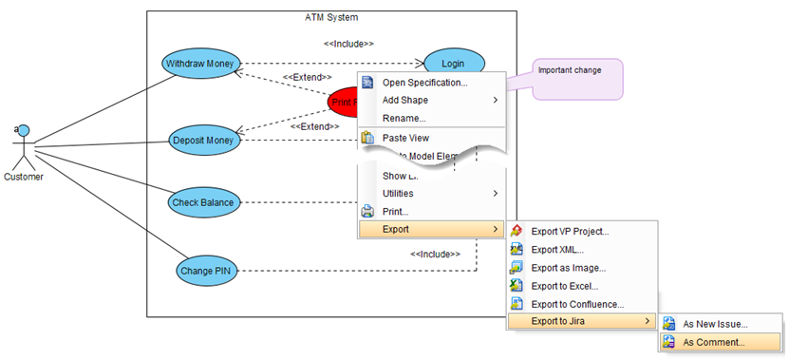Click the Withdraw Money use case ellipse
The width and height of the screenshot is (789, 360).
tap(199, 64)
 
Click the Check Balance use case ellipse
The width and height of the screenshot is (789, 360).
tap(202, 202)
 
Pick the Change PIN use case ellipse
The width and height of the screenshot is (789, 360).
tap(203, 271)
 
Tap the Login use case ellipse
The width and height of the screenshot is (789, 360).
tap(453, 64)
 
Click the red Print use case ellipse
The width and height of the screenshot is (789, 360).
tap(342, 101)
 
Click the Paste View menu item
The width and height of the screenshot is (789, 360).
tap(405, 138)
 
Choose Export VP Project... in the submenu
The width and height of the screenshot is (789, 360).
tap(570, 231)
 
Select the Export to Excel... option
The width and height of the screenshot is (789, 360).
tap(564, 286)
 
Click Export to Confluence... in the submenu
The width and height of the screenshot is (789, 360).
tap(577, 304)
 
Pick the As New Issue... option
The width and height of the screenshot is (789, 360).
tap(715, 324)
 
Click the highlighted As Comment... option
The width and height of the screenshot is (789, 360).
tap(714, 342)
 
